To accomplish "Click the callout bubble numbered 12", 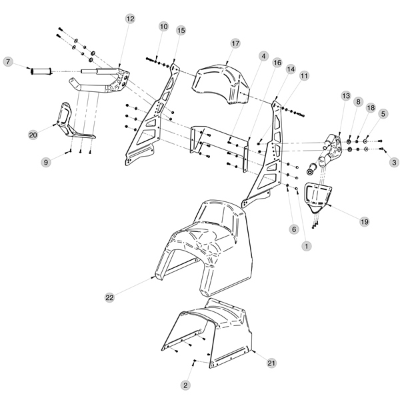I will coord(129,19).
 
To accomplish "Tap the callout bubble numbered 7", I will coord(8,62).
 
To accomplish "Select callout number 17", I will coord(235,43).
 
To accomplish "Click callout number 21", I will coord(271,362).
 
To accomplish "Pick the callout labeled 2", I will coord(186,385).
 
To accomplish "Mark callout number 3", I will coord(394,161).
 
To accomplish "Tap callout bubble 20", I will coord(33,135).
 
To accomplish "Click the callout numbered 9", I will coord(46,161).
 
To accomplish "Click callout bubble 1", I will coord(306,246).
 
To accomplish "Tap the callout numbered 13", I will coord(345,96).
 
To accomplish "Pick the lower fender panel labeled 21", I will coord(213,333).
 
